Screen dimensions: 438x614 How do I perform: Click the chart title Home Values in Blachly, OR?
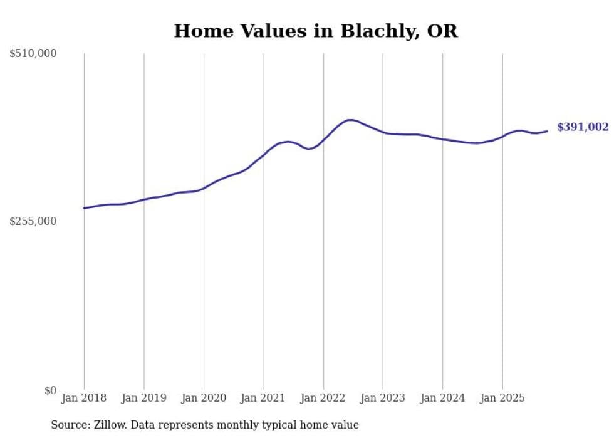[x=316, y=31]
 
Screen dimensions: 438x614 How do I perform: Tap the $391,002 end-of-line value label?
[x=582, y=127]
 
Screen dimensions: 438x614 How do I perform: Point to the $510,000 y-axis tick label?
[x=33, y=54]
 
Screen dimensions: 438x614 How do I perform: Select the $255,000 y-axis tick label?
[x=33, y=221]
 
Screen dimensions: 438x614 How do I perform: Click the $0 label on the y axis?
[x=50, y=390]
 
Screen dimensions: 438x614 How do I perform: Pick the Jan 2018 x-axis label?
[x=84, y=398]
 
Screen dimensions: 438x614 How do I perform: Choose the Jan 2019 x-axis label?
[x=143, y=398]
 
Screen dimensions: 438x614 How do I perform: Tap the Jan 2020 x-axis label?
[x=204, y=398]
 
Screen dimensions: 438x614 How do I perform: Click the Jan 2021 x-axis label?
[x=263, y=398]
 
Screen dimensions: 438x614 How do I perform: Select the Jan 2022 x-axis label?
[x=323, y=398]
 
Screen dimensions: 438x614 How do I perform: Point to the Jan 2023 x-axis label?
[x=383, y=398]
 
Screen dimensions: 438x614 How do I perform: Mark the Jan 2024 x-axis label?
[x=442, y=398]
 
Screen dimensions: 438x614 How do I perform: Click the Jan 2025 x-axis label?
[x=502, y=398]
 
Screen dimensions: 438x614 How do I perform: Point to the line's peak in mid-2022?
[x=350, y=120]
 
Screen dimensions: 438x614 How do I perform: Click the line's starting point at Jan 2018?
[x=84, y=208]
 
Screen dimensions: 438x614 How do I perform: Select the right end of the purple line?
[x=547, y=131]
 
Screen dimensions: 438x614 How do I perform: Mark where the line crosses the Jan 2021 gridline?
[x=263, y=154]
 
